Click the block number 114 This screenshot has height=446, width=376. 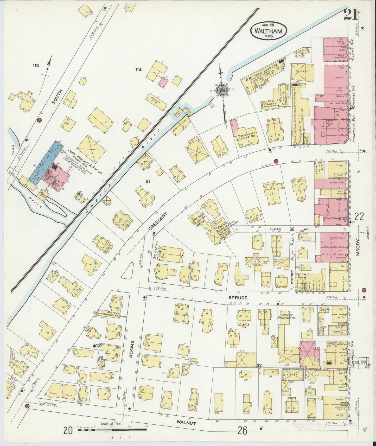tap(138, 69)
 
